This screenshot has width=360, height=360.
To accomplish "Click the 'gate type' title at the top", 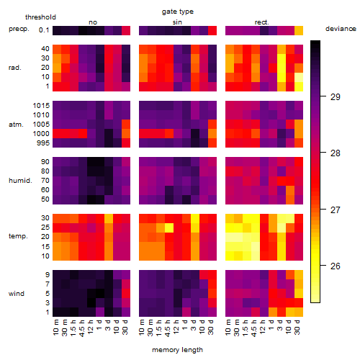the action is (178, 12).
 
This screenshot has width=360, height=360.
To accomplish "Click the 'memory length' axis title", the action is (177, 350).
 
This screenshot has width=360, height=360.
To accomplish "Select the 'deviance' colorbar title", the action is (341, 29).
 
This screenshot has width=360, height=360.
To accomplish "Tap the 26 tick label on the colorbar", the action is (336, 266).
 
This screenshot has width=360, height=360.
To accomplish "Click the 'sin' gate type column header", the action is (177, 22).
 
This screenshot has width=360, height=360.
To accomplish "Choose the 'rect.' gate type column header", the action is (262, 22).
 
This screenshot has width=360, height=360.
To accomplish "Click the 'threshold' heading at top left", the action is (40, 17).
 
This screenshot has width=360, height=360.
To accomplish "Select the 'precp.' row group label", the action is (19, 29).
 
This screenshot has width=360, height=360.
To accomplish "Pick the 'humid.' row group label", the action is (20, 181).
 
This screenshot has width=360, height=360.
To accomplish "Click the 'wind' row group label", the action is (17, 294).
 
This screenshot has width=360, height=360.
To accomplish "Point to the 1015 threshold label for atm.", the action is (41, 106).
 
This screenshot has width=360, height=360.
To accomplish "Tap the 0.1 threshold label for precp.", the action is (44, 30).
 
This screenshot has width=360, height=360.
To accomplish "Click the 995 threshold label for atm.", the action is (43, 143).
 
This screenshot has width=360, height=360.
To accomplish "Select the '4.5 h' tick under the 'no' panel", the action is (82, 328).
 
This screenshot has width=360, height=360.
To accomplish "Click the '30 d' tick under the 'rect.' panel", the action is (297, 328).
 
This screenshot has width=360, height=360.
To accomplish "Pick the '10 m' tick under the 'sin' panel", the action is (143, 328).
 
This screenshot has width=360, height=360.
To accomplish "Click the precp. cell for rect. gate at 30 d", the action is (299, 31).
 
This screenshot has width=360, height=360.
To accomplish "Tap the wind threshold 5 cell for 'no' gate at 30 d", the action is (126, 293).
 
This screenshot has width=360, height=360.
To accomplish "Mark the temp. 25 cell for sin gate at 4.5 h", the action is (169, 228).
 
